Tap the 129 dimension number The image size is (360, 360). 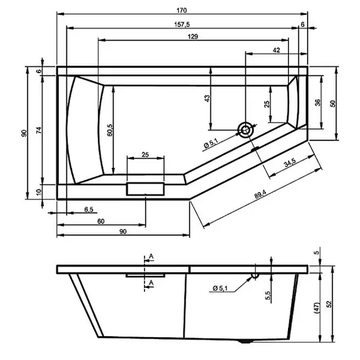pos(193,37)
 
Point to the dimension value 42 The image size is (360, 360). pos(277,50)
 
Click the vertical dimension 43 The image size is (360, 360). pos(206,99)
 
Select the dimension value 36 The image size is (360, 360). pos(318,102)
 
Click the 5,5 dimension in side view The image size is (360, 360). pos(268,295)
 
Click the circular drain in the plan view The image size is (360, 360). pos(244,131)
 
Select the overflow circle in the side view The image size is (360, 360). pos(255,276)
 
